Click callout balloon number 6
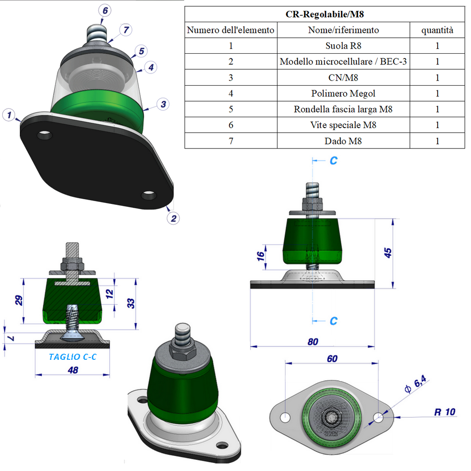[105, 10]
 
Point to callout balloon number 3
[162, 104]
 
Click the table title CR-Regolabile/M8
[325, 14]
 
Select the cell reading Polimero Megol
[343, 93]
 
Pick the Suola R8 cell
[343, 46]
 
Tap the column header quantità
[437, 30]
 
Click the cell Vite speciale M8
[343, 125]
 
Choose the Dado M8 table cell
[343, 140]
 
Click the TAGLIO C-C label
[73, 357]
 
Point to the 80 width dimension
[313, 341]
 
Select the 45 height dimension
[388, 252]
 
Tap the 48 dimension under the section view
[73, 370]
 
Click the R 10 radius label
[444, 412]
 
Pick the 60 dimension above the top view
[332, 359]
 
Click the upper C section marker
[333, 161]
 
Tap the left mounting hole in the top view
[284, 417]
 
